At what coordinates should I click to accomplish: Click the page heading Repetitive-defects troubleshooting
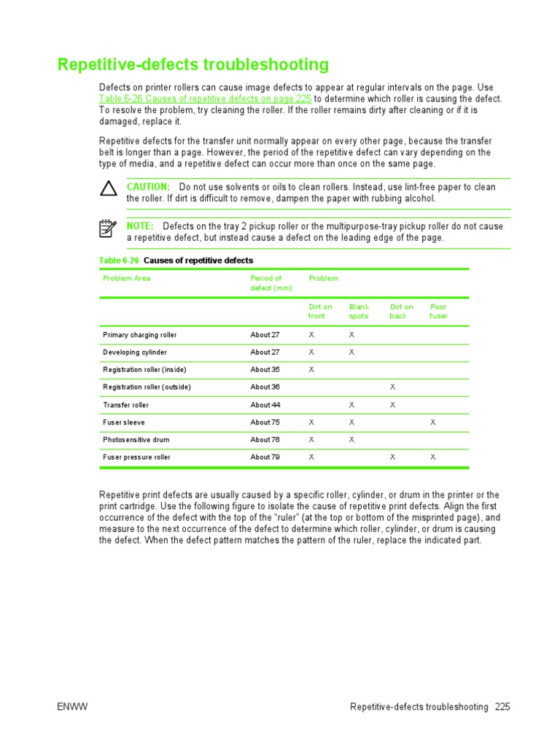pos(193,65)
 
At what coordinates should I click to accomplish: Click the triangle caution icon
pos(109,190)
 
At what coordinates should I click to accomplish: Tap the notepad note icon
pos(108,229)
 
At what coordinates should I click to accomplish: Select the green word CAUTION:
pos(148,187)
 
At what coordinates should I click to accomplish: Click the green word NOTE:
pos(140,226)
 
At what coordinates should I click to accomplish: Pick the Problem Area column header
pos(127,279)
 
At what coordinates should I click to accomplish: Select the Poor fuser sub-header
pos(438,311)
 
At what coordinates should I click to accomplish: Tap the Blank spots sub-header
pos(359,311)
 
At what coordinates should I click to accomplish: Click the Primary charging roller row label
pos(140,335)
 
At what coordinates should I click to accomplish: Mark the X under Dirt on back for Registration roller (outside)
pos(392,387)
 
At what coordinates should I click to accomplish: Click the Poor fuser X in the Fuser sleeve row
pos(432,422)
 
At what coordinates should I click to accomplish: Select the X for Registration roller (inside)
pos(311,370)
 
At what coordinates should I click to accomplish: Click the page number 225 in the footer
pos(502,707)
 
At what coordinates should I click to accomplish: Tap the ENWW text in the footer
pos(71,707)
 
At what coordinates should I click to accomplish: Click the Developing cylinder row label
pos(135,352)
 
